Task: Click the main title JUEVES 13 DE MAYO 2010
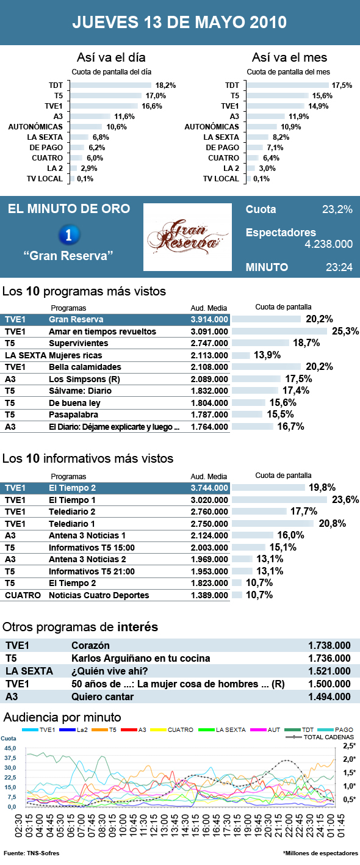(179, 23)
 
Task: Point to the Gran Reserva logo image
(187, 237)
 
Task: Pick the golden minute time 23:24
(339, 267)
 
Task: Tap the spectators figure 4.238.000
(328, 244)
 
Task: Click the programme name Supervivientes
(77, 344)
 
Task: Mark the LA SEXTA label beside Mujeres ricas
(25, 355)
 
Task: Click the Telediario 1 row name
(72, 524)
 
